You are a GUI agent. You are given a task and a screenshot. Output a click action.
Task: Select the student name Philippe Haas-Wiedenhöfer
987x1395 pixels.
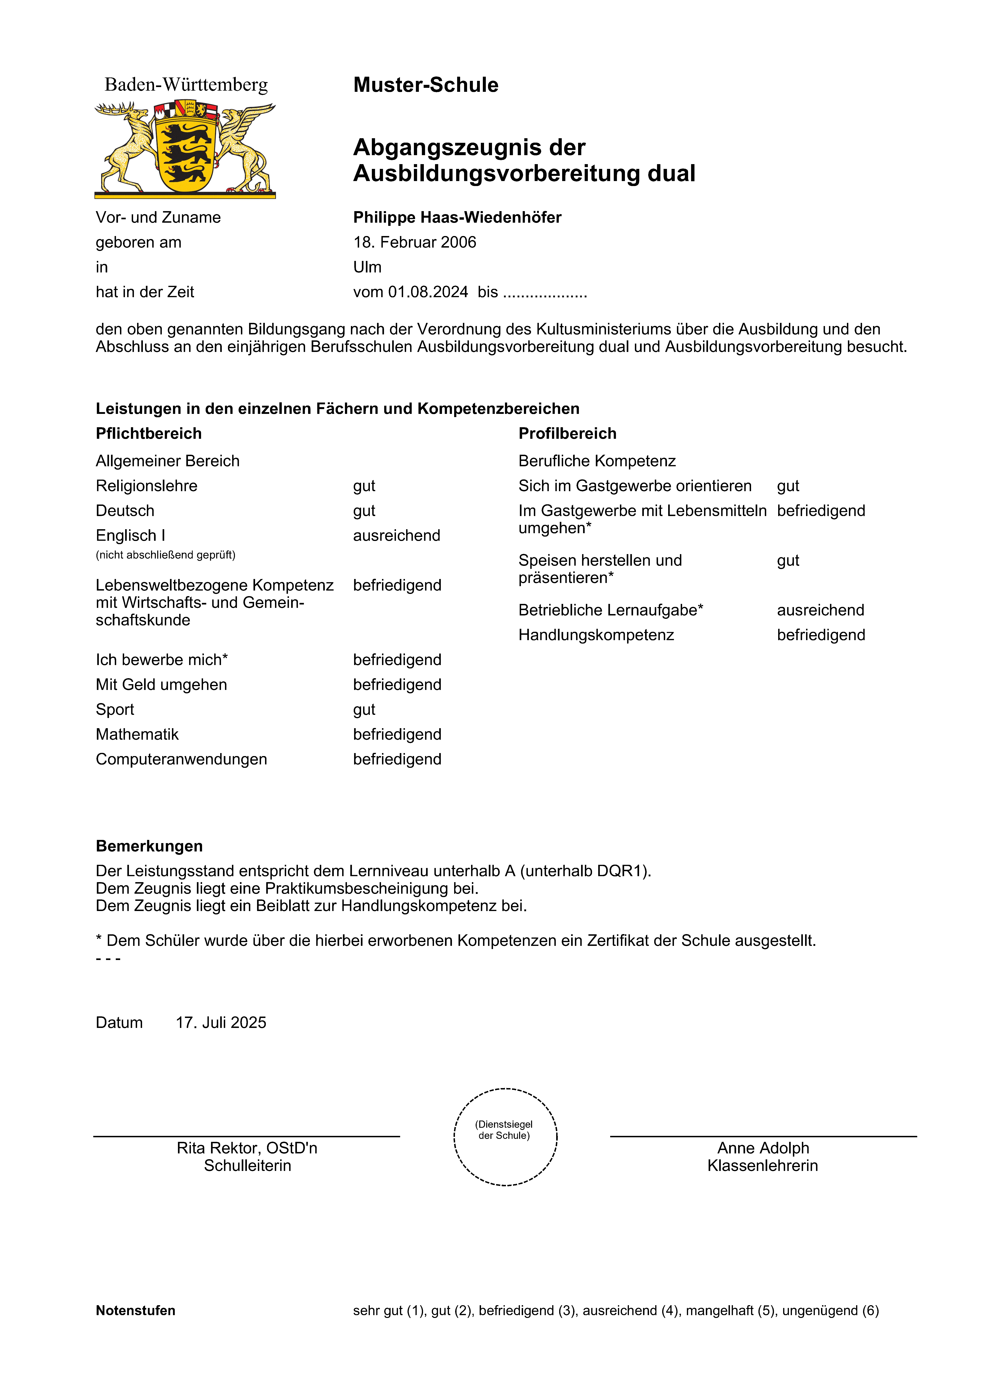[x=457, y=217]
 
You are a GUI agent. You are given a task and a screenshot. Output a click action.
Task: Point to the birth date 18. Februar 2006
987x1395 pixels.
[x=414, y=242]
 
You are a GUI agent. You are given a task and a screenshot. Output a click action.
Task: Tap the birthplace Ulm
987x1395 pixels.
[x=367, y=267]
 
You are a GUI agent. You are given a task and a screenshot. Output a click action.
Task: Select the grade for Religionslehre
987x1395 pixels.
[x=364, y=486]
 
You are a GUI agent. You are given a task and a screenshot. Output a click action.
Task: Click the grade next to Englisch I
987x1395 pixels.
[x=396, y=536]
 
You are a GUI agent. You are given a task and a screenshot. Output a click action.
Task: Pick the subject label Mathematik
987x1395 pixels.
[x=137, y=735]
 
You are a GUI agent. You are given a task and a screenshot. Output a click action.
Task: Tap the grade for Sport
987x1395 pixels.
[x=364, y=710]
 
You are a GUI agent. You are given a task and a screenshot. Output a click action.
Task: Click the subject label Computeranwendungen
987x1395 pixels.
[x=181, y=759]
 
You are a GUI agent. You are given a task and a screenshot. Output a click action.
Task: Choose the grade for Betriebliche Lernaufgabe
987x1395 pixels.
[x=820, y=610]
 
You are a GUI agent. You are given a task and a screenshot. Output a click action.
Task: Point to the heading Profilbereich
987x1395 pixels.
[x=567, y=434]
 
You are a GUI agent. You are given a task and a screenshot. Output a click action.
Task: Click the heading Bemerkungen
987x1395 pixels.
[x=149, y=846]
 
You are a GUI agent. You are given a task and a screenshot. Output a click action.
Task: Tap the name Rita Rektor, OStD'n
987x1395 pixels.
[x=247, y=1148]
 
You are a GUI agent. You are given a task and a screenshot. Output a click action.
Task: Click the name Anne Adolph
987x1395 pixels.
[x=763, y=1148]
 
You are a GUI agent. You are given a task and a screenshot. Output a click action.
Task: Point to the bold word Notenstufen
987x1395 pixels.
[x=136, y=1311]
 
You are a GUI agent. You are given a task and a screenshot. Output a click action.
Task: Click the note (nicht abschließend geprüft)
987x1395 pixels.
[x=165, y=555]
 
